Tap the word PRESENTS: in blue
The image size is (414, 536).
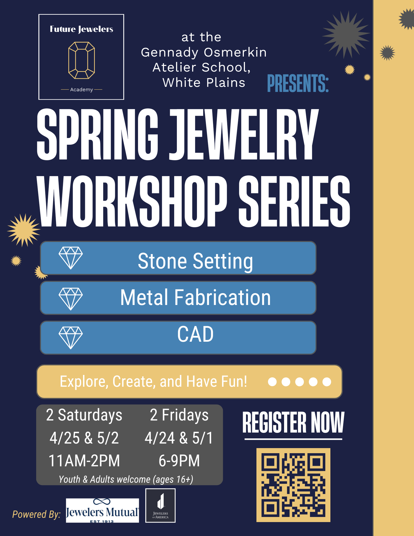[298, 84]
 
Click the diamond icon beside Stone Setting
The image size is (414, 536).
[71, 258]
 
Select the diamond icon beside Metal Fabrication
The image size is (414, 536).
[71, 299]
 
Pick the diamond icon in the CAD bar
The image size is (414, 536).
[71, 338]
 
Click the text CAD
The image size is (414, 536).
[195, 334]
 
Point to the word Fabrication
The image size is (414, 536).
[223, 297]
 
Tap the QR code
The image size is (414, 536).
[293, 485]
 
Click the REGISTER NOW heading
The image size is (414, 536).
[293, 423]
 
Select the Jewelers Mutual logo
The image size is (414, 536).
[102, 510]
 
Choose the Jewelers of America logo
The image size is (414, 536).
[160, 505]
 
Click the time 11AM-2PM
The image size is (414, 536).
[84, 461]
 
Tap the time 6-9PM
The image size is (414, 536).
[179, 461]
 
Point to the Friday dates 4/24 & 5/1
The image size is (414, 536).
[179, 438]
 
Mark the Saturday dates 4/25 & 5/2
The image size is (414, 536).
[84, 438]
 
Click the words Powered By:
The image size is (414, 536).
[37, 514]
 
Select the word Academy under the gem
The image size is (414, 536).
[81, 90]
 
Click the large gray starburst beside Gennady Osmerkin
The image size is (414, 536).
[346, 35]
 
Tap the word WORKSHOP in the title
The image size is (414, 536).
[132, 202]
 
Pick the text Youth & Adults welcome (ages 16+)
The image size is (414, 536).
[126, 479]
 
